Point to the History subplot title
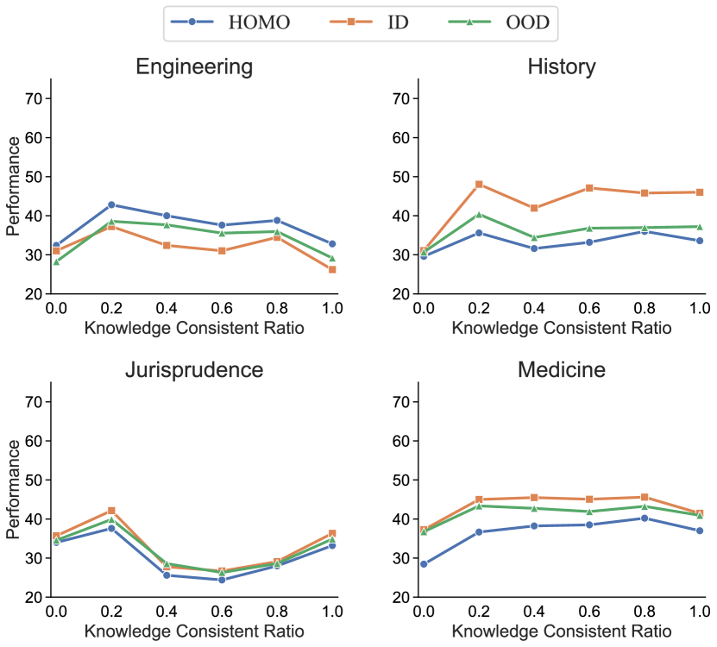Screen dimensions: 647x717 561,67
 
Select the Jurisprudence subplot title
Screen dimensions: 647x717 194,370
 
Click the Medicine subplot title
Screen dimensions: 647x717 561,370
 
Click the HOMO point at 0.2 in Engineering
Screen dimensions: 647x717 111,204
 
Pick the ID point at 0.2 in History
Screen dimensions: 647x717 478,184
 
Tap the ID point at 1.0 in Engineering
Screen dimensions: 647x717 332,269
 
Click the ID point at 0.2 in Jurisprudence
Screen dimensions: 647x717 111,511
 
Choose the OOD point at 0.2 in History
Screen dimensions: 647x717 478,214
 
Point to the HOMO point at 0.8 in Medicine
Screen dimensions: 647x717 644,518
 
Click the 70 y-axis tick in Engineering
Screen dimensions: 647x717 35,98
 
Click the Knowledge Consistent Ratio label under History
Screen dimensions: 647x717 561,328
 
